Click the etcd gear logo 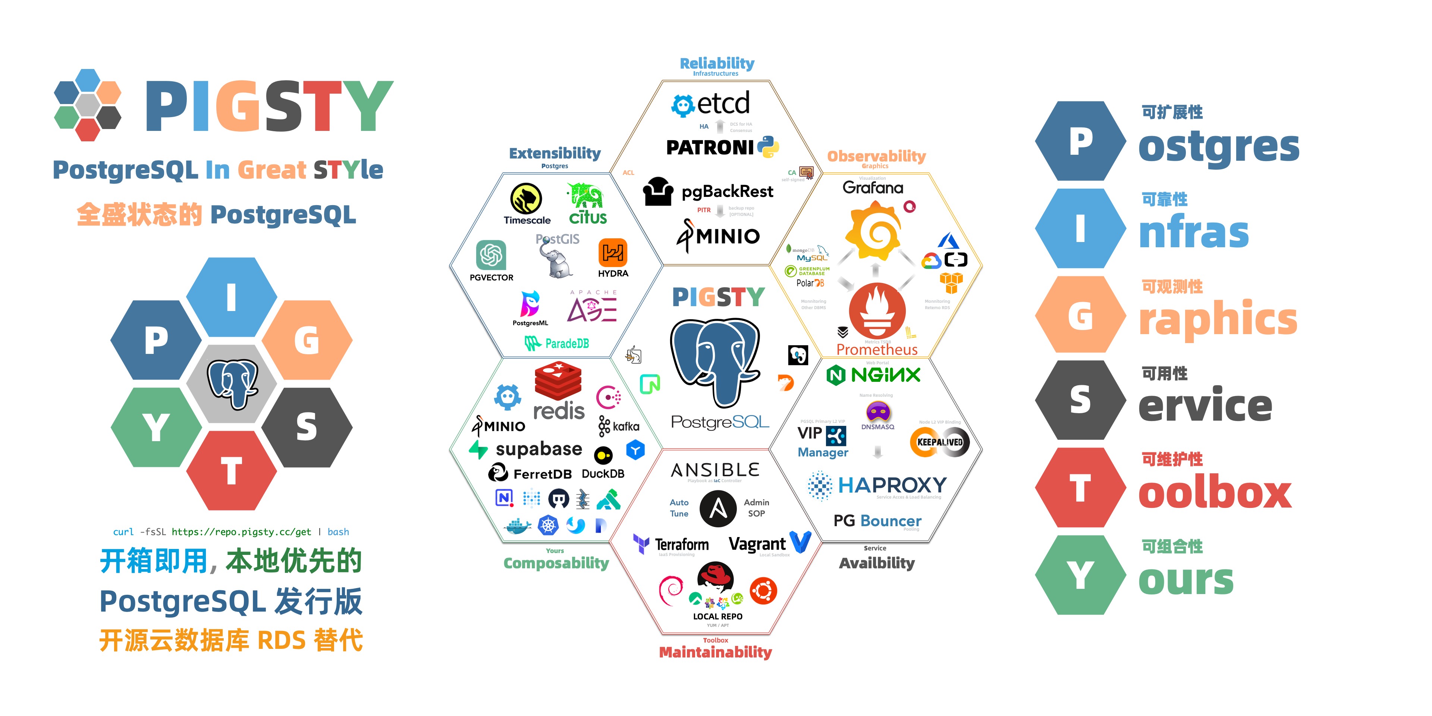[683, 105]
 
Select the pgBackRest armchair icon [658, 191]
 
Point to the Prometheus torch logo [877, 311]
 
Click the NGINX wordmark [885, 375]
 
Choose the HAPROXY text [892, 485]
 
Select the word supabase [538, 449]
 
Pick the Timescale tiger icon [526, 198]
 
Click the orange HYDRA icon [613, 253]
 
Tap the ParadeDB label [566, 343]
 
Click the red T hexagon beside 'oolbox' [1080, 488]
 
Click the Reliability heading [716, 63]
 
